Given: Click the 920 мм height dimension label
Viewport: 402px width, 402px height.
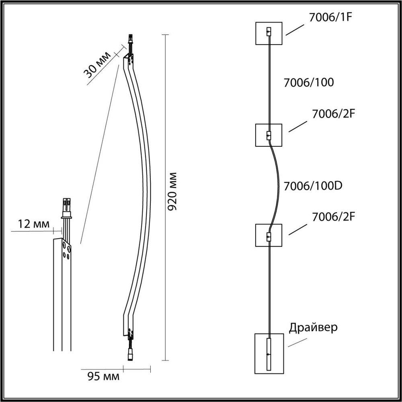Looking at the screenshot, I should click(x=172, y=193).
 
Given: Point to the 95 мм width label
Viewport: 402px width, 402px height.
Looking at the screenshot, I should click(x=103, y=377).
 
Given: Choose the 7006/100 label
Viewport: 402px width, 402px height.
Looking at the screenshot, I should click(x=309, y=83).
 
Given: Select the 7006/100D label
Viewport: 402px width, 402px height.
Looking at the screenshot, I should click(x=312, y=187).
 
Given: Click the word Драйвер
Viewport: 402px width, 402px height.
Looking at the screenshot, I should click(x=313, y=327).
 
